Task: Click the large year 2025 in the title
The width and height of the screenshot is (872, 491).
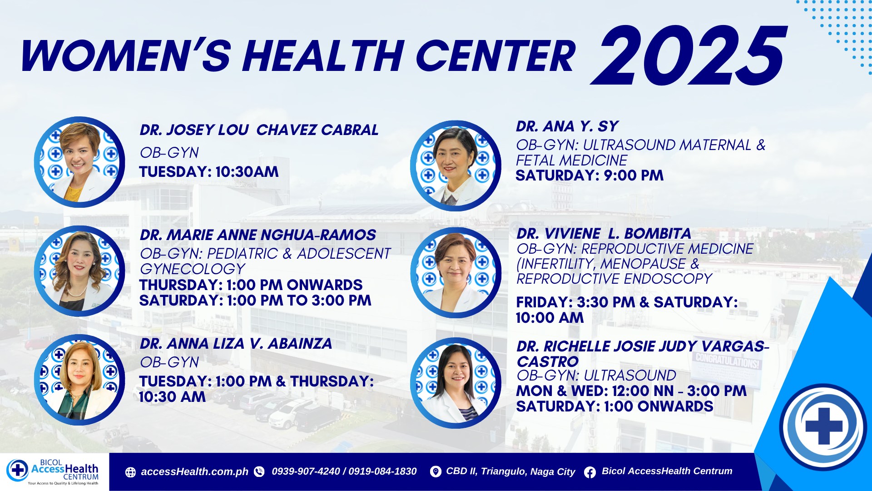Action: point(689,55)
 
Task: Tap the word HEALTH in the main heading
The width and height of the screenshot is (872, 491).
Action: point(323,56)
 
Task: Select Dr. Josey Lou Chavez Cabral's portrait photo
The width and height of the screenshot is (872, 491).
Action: point(79,162)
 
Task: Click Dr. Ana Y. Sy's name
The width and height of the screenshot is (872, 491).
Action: point(567,126)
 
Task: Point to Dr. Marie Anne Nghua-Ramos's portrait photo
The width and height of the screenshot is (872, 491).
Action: point(79,271)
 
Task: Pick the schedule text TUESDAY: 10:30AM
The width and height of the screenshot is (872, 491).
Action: point(209,172)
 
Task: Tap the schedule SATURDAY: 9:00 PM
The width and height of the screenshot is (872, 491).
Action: point(590,175)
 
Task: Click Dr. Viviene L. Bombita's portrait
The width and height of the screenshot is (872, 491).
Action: point(456,273)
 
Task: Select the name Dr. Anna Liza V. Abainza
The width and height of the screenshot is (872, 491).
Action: point(236,344)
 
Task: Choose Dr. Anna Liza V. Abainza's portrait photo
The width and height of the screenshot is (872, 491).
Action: point(79,380)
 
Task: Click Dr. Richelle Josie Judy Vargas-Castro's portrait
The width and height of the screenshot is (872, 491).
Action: point(456,383)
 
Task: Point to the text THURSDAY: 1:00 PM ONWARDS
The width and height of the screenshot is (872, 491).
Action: point(251,285)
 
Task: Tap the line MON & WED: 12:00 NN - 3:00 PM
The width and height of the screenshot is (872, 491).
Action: point(631,391)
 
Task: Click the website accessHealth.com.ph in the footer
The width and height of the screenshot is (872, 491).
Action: point(194,472)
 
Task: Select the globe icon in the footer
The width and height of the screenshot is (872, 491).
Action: point(130,472)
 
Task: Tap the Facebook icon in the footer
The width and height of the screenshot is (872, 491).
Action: point(590,472)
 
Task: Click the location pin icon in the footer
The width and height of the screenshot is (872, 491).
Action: point(435,472)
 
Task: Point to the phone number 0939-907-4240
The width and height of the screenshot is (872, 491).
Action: point(306,471)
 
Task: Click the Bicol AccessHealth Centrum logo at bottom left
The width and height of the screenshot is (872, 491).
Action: point(53,472)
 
